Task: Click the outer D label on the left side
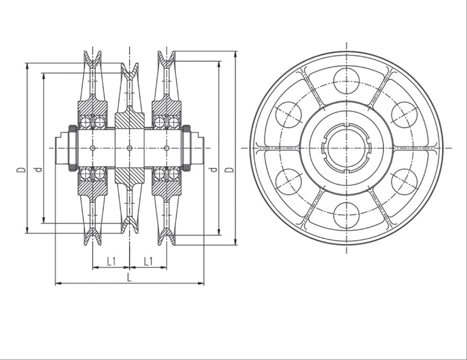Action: pyautogui.click(x=21, y=170)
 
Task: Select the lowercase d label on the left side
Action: pyautogui.click(x=38, y=170)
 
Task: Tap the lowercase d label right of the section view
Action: pyautogui.click(x=213, y=170)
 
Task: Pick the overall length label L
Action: pyautogui.click(x=129, y=278)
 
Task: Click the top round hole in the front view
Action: pyautogui.click(x=346, y=81)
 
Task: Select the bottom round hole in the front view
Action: pyautogui.click(x=346, y=215)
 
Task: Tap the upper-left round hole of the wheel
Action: pyautogui.click(x=288, y=115)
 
